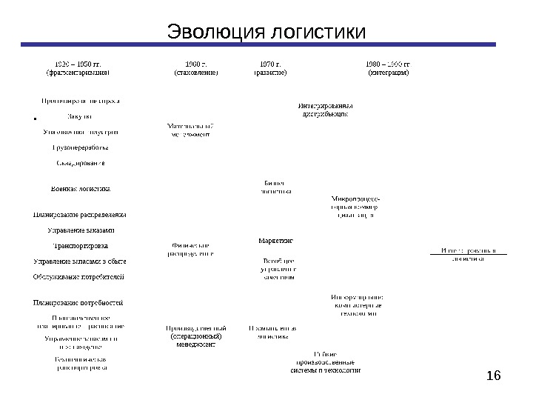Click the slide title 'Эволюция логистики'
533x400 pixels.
click(266, 33)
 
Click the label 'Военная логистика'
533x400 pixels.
click(81, 188)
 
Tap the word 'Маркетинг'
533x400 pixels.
click(277, 241)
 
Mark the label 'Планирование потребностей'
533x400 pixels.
click(77, 302)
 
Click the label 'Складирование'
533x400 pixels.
click(81, 162)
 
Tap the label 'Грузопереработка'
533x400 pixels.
click(81, 147)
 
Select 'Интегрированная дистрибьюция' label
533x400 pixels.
click(326, 109)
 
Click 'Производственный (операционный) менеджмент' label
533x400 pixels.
click(195, 336)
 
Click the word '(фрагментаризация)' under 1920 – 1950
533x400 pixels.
click(78, 73)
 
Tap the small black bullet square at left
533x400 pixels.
click(35, 119)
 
